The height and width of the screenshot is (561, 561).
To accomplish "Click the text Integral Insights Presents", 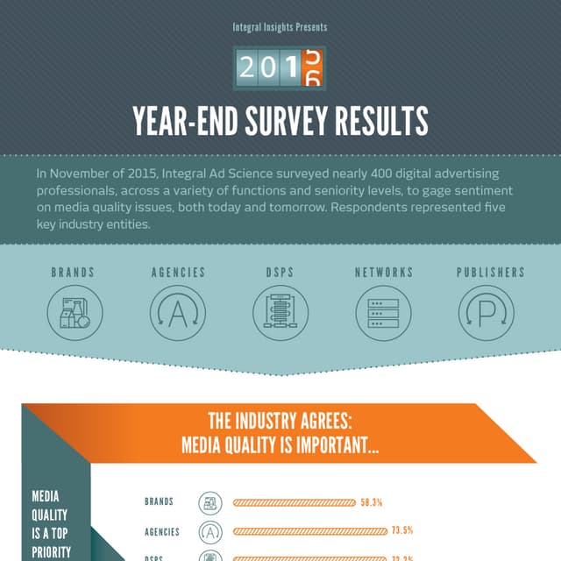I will [280, 27].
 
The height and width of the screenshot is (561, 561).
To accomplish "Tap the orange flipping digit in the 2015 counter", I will [312, 67].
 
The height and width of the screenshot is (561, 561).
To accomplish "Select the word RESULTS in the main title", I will [379, 121].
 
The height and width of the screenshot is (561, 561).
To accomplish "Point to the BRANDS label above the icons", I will [73, 273].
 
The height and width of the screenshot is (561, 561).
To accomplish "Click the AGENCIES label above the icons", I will [178, 273].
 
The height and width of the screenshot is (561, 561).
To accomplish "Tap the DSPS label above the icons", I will [280, 273].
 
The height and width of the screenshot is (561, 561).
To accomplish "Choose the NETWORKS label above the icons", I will [383, 273].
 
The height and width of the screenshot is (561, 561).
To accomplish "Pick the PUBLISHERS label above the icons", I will [491, 273].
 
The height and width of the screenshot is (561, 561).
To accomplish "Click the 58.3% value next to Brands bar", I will [371, 503].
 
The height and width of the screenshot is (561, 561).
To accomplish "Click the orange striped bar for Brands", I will [295, 503].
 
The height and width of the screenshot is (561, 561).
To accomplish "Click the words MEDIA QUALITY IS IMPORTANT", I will [280, 445].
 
